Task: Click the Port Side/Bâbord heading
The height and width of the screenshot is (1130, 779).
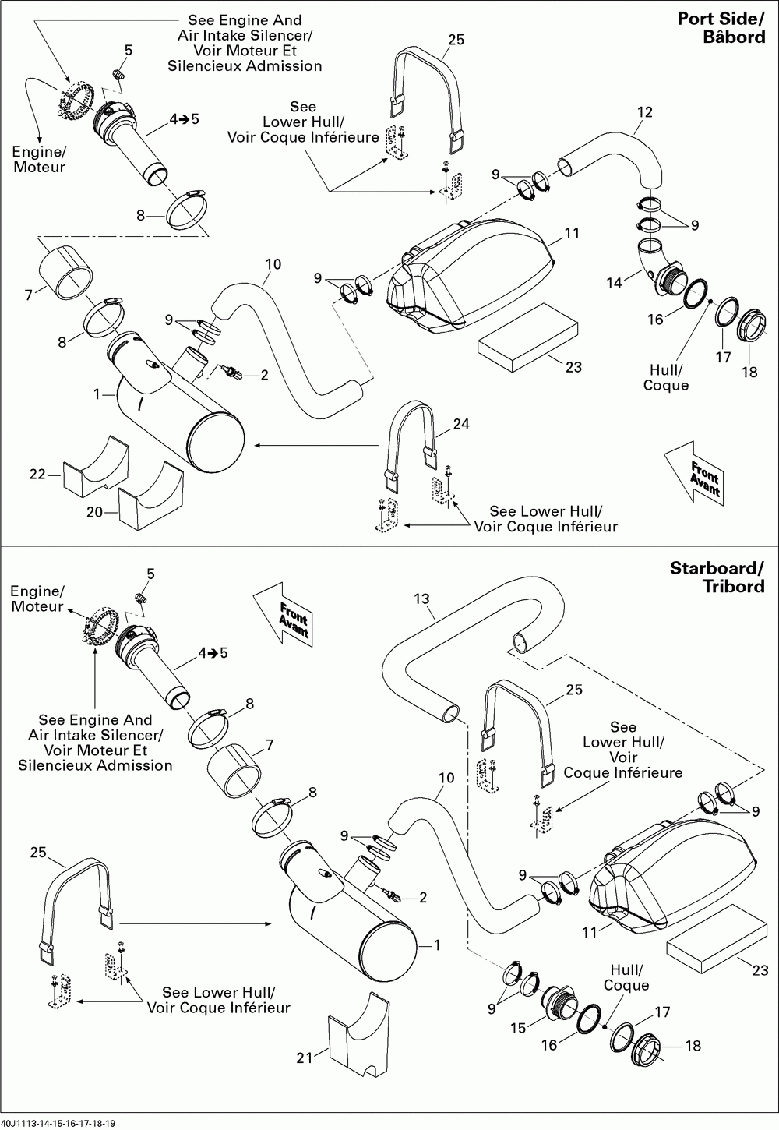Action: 721,28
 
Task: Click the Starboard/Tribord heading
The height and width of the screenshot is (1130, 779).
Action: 717,577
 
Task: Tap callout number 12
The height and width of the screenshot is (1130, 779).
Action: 644,112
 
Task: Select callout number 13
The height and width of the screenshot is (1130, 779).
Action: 421,599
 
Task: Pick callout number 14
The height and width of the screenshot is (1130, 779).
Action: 615,283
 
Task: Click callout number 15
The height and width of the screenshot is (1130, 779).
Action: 519,1029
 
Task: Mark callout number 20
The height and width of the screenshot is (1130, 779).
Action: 95,513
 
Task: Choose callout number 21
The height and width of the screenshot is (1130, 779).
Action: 305,1057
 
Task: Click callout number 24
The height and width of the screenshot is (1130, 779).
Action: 461,424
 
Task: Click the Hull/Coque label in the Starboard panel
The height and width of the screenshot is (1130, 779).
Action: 626,977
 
